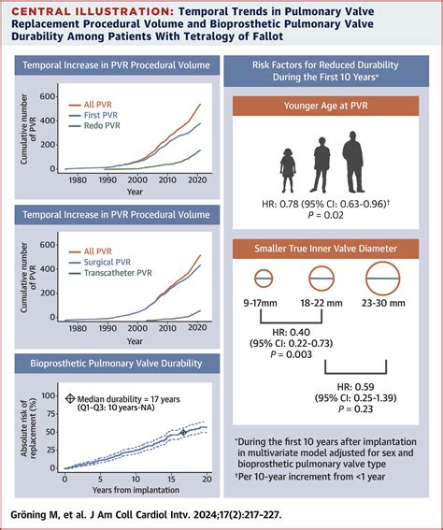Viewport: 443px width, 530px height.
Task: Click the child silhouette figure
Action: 288,171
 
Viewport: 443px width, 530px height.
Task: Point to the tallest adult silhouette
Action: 353,162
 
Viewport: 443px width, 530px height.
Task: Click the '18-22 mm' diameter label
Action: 322,303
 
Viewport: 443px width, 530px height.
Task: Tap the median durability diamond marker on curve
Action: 183,432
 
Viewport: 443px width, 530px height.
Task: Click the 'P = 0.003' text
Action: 291,354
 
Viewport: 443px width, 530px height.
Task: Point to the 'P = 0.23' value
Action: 355,409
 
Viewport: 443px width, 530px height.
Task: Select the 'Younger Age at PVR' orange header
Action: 325,106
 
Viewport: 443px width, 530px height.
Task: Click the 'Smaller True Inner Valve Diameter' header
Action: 325,249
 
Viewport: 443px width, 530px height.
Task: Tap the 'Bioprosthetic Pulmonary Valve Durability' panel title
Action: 117,364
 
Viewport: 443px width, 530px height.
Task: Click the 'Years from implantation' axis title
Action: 136,490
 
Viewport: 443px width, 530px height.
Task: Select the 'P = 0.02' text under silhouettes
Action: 325,215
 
